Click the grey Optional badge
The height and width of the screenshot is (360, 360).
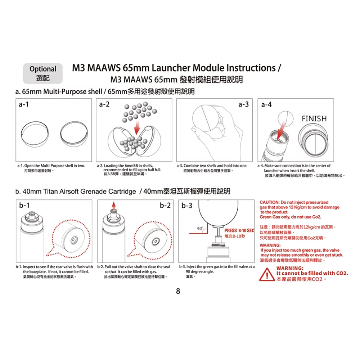coord(43,73)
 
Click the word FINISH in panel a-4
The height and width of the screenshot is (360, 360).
coord(314,119)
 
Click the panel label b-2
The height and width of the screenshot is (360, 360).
coord(165,206)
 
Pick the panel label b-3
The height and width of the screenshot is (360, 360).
coord(188,206)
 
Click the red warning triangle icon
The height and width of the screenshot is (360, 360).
coord(266,275)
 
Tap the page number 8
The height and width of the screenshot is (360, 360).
coord(178,291)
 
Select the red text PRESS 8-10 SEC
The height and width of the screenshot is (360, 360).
coord(239,231)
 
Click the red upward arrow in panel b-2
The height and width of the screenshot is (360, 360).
coord(114,205)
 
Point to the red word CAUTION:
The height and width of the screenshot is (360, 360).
coord(270,203)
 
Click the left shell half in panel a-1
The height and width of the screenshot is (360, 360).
coord(35,134)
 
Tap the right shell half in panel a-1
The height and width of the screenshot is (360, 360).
coord(74,134)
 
